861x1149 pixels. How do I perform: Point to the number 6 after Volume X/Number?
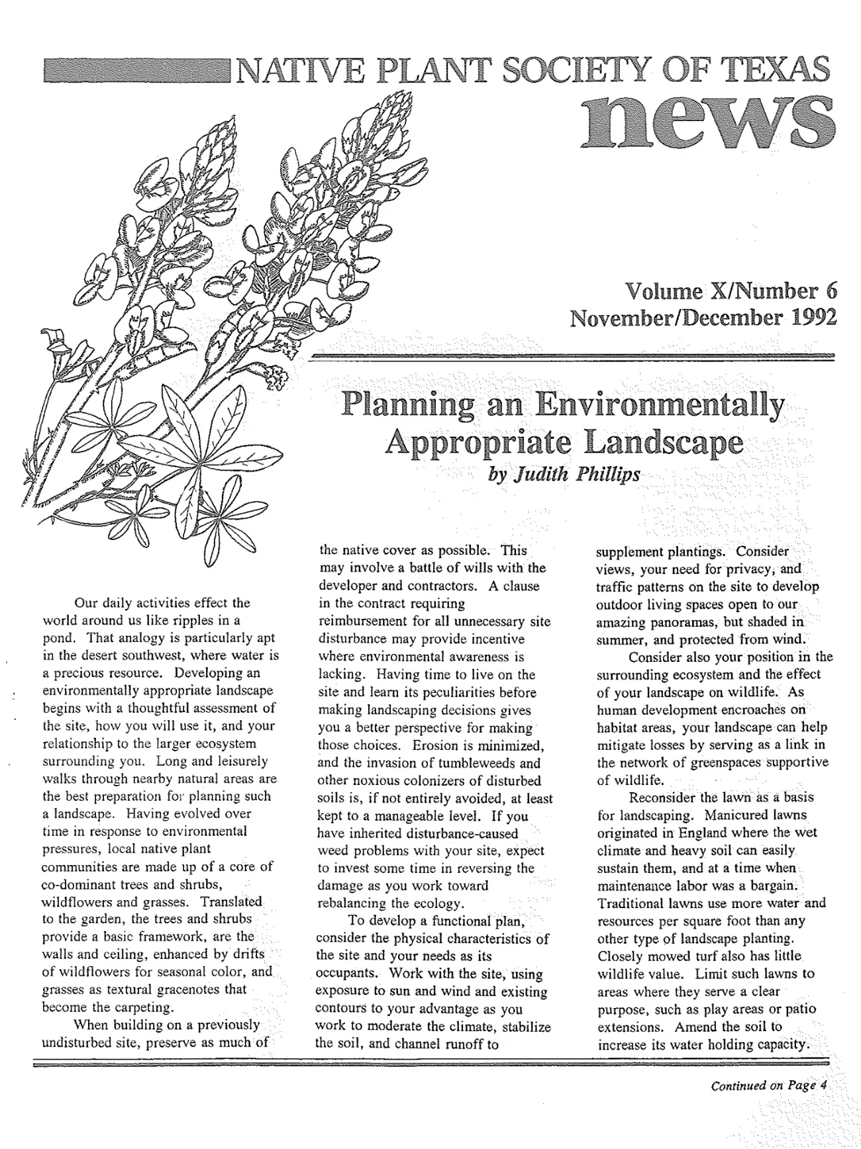[x=830, y=290]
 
